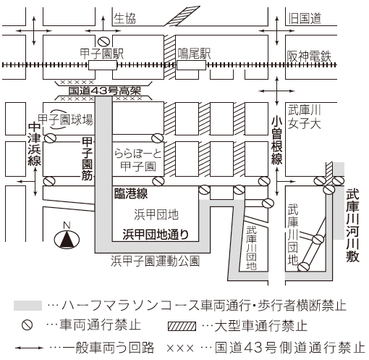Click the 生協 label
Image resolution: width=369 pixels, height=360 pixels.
coord(124,18)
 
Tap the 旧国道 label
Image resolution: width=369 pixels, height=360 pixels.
coord(305,18)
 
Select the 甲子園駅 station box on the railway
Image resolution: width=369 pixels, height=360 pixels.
coord(103,65)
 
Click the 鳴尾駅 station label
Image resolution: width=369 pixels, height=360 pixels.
coord(194,54)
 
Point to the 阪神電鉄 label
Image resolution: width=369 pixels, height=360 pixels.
coord(309,56)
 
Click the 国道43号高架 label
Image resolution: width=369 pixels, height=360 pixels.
coord(105,91)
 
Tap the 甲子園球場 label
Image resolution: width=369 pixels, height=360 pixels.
coord(65,120)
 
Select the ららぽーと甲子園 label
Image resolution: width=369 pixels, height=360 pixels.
coord(138,160)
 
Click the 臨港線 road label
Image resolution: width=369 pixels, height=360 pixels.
coord(131,193)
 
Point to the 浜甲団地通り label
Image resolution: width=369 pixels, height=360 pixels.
coord(156,234)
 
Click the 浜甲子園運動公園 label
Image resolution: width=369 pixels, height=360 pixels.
coord(155,261)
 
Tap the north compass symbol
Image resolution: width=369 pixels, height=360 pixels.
coord(67,237)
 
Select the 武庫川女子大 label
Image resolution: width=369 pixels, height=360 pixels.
coord(304,117)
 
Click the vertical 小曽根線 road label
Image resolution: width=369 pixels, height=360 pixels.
coord(276,141)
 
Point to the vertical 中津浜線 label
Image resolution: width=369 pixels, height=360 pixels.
coord(34,144)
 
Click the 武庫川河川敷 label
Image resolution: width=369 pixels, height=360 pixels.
coord(352,225)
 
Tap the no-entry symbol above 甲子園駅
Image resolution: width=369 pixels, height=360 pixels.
coord(103,41)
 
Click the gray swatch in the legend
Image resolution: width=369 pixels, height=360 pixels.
coord(27,306)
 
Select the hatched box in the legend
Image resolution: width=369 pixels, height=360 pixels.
coord(182,326)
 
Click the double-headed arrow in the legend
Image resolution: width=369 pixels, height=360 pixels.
coord(29,348)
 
